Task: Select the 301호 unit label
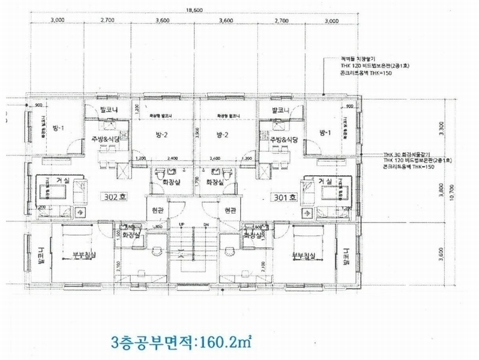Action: (284, 196)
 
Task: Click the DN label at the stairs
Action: (206, 224)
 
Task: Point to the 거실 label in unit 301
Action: (325, 181)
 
